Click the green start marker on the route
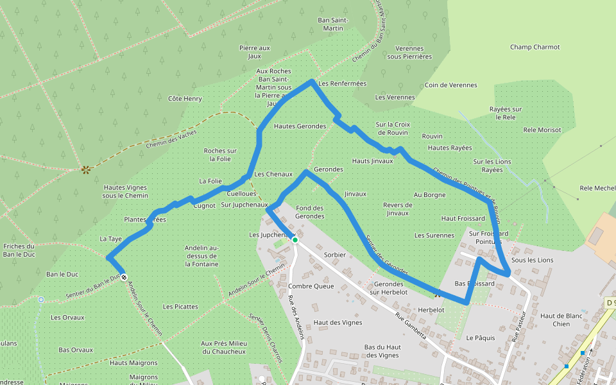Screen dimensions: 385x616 pyautogui.click(x=295, y=239)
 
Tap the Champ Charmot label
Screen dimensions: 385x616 pyautogui.click(x=535, y=47)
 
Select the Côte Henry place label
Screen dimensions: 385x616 pyautogui.click(x=185, y=99)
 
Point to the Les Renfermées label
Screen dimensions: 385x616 pyautogui.click(x=342, y=83)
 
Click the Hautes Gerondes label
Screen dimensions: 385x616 pyautogui.click(x=300, y=126)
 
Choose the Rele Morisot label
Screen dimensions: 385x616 pyautogui.click(x=542, y=130)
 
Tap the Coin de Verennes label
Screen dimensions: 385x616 pyautogui.click(x=450, y=85)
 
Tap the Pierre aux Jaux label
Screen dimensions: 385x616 pyautogui.click(x=255, y=52)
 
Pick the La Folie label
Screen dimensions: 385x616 pyautogui.click(x=210, y=181)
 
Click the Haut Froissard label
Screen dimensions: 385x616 pyautogui.click(x=463, y=219)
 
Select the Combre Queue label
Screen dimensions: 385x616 pyautogui.click(x=311, y=286)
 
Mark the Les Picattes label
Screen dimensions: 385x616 pyautogui.click(x=180, y=307)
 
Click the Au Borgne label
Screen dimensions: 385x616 pyautogui.click(x=429, y=194)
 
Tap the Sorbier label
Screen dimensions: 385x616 pyautogui.click(x=335, y=255)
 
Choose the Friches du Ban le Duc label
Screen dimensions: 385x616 pyautogui.click(x=19, y=251)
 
